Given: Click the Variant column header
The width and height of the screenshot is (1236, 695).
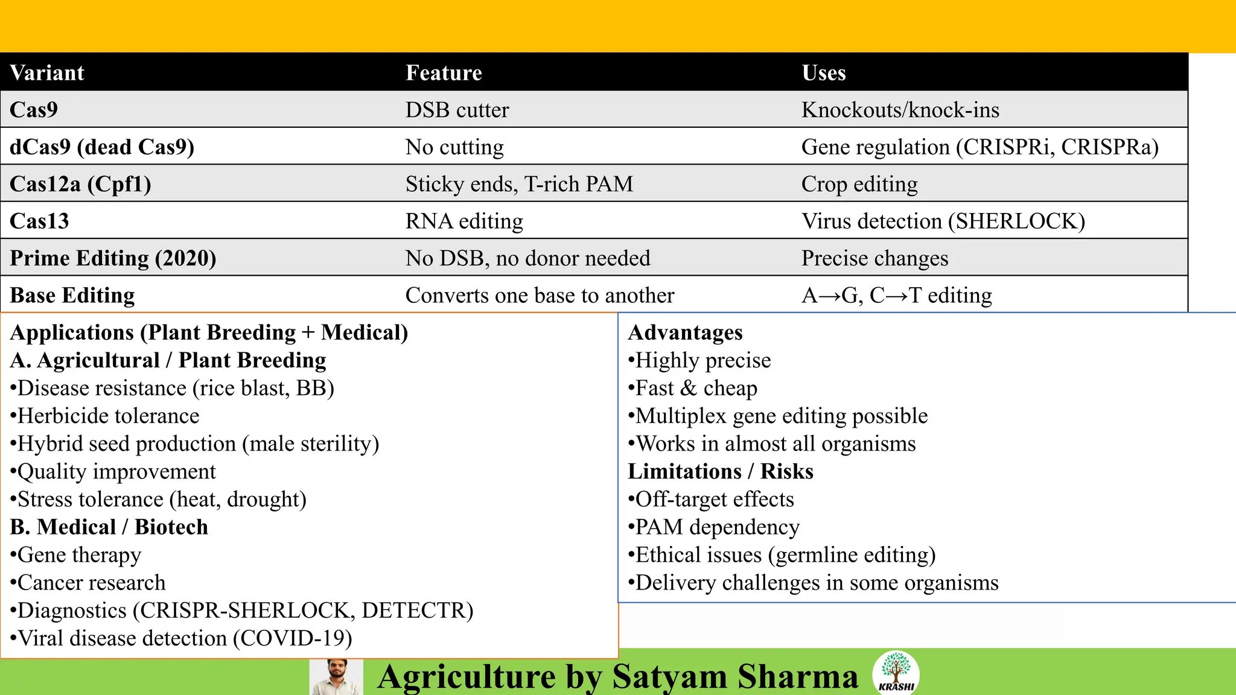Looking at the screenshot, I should coord(47,72).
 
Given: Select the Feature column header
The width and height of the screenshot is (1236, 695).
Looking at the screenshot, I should coord(444,72).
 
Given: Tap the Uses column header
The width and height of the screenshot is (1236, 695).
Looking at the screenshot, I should coord(823,72).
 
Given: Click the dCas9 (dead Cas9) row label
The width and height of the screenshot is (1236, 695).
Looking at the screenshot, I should coord(102,147).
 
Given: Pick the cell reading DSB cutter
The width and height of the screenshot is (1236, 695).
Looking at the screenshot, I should coord(457,110).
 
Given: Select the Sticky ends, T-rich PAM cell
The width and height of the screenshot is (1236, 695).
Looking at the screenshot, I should coord(519,184).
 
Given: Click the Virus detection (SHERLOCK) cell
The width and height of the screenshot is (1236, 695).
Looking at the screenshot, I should coord(943,221).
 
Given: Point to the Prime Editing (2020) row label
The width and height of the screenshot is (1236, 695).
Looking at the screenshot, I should coord(113,258).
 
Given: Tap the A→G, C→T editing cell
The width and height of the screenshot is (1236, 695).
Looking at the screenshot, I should coord(896,296).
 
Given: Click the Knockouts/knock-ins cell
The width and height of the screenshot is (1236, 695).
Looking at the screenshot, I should coord(900,110).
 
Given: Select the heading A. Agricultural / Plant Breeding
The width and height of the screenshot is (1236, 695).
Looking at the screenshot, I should coord(168,360).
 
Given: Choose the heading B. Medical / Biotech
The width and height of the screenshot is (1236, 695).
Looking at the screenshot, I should coord(109,527).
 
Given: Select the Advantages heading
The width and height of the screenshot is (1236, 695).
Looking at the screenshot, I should coord(685,332).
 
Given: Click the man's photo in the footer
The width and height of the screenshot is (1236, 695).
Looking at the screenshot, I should coord(336,677).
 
